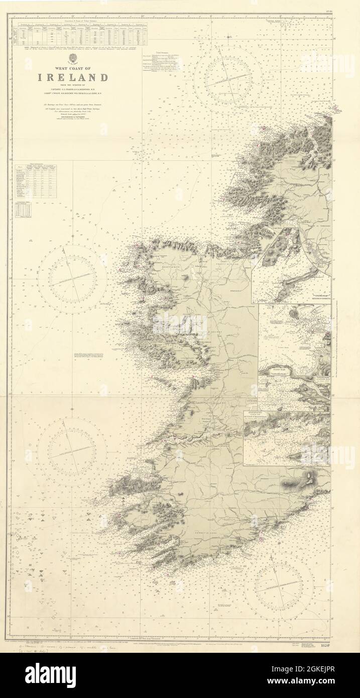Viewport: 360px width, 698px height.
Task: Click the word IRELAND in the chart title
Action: (x=73, y=77)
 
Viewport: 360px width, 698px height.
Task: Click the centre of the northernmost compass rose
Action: (x=229, y=78)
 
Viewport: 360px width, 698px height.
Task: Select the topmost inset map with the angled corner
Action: (x=291, y=266)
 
